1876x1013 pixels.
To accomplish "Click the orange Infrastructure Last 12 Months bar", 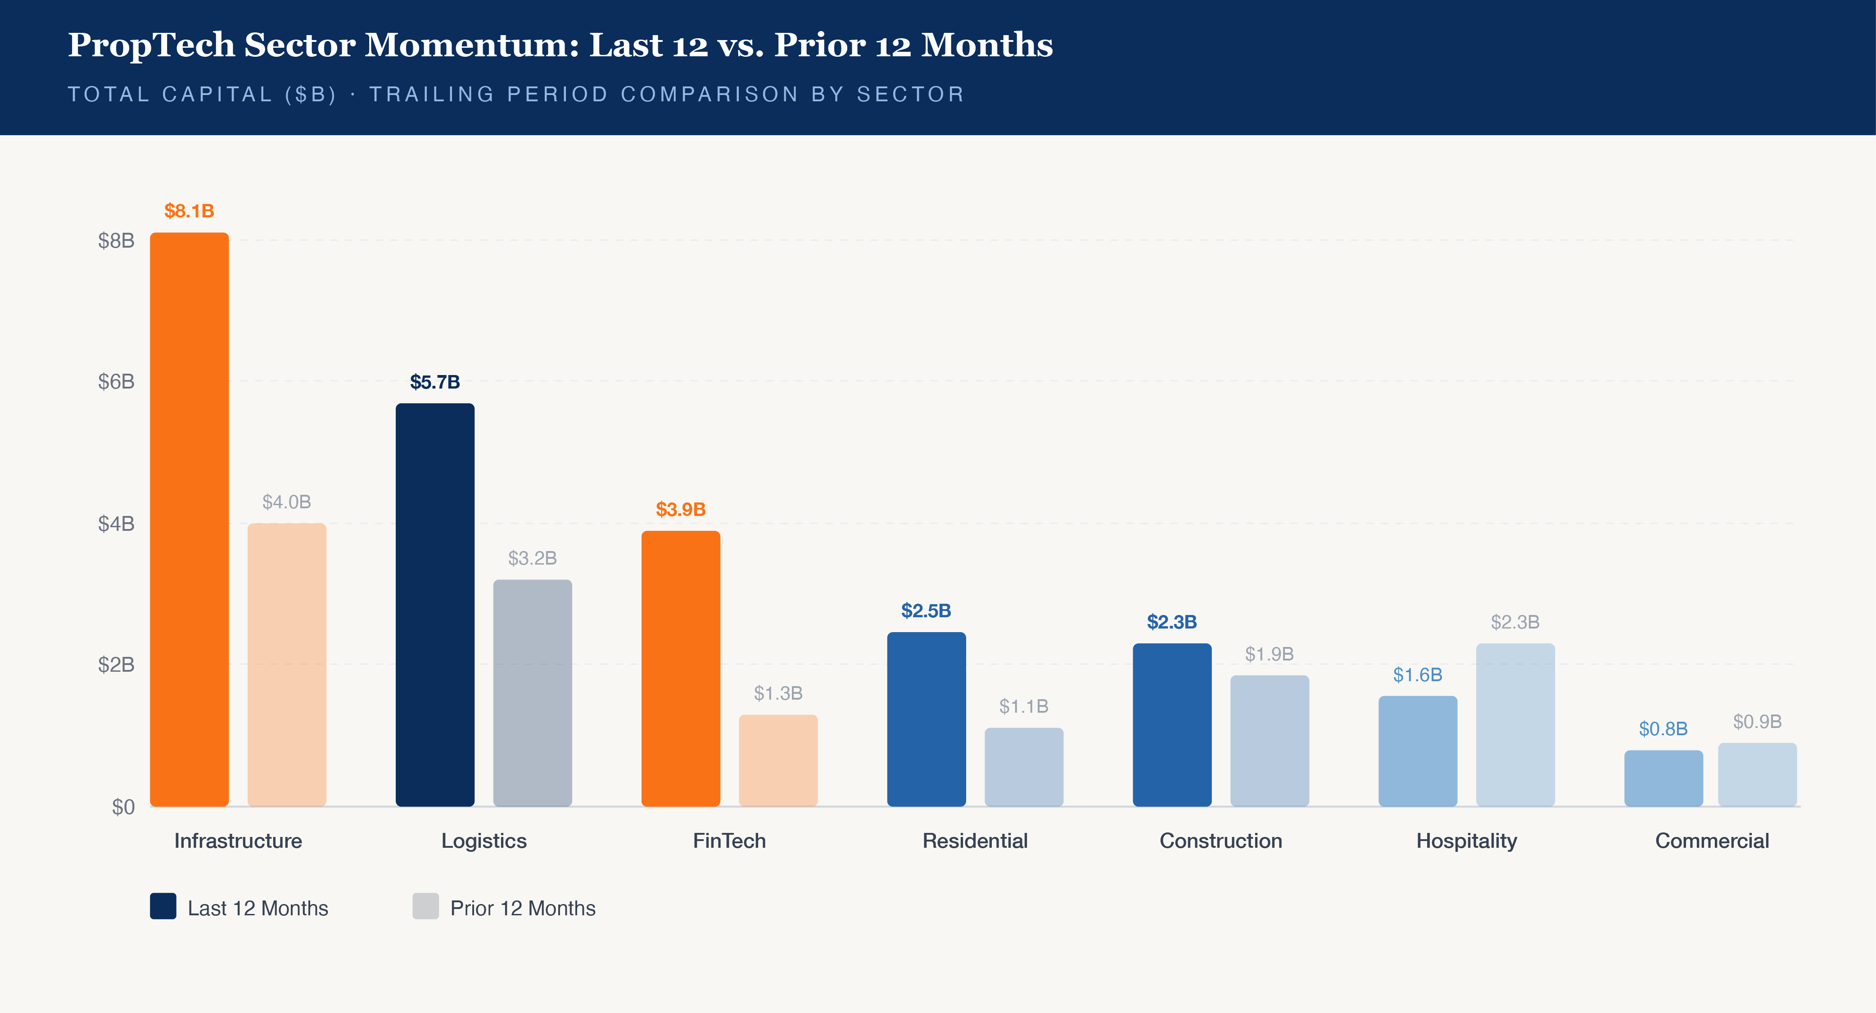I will (190, 519).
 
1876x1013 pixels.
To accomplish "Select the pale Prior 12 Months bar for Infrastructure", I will (287, 664).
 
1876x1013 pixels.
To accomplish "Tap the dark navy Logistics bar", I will (435, 605).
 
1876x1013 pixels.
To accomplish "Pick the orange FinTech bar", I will (681, 669).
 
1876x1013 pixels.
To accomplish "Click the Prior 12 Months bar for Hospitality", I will (1515, 724).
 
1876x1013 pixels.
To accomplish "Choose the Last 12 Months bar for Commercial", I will (1664, 778).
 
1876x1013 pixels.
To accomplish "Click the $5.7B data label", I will (435, 382).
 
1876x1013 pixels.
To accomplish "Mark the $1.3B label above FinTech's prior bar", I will (778, 693).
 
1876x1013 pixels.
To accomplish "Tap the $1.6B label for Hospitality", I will (1417, 675).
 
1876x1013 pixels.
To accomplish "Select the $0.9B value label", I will (1757, 722).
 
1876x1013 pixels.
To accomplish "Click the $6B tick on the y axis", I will (117, 382).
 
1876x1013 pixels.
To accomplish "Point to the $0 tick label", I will (123, 807).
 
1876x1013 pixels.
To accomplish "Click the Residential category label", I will (975, 841).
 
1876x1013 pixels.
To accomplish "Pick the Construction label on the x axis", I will (1221, 841).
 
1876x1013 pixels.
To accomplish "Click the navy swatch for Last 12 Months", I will (163, 907).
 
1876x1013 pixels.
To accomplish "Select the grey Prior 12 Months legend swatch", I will (425, 907).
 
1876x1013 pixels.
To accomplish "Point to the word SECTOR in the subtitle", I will (910, 95).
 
